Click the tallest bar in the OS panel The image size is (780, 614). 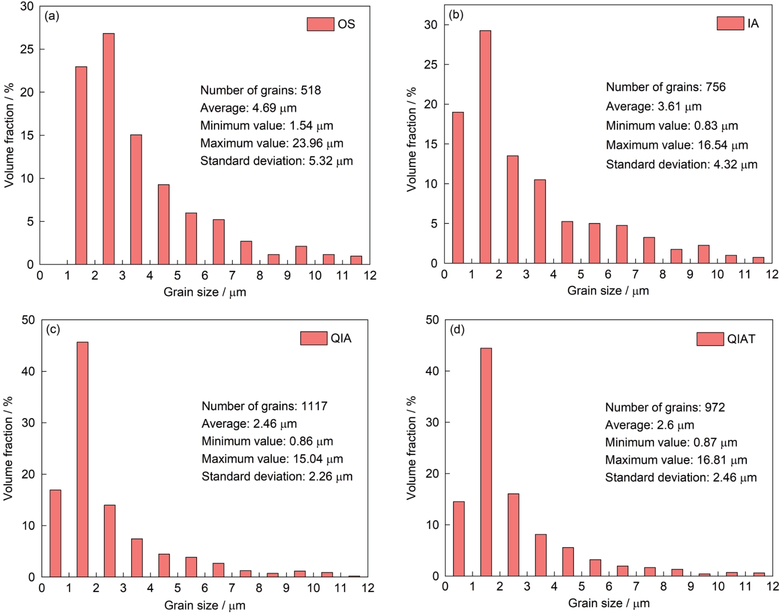pyautogui.click(x=109, y=149)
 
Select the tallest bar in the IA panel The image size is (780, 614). pyautogui.click(x=485, y=147)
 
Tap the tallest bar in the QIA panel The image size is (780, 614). pyautogui.click(x=83, y=460)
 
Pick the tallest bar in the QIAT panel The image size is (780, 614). pyautogui.click(x=486, y=462)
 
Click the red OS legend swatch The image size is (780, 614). pyautogui.click(x=320, y=24)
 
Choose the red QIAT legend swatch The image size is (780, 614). pyautogui.click(x=710, y=339)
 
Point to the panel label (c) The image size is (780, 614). pyautogui.click(x=53, y=329)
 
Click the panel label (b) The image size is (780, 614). pyautogui.click(x=456, y=15)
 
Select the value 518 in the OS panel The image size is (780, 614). pyautogui.click(x=311, y=90)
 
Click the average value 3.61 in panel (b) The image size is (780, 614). pyautogui.click(x=669, y=107)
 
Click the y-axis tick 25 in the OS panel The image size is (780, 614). pyautogui.click(x=27, y=49)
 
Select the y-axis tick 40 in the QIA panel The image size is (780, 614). pyautogui.click(x=28, y=372)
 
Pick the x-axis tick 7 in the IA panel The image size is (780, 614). pyautogui.click(x=635, y=275)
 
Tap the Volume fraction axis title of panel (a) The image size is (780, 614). pyautogui.click(x=9, y=135)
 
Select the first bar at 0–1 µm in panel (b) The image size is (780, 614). pyautogui.click(x=458, y=188)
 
